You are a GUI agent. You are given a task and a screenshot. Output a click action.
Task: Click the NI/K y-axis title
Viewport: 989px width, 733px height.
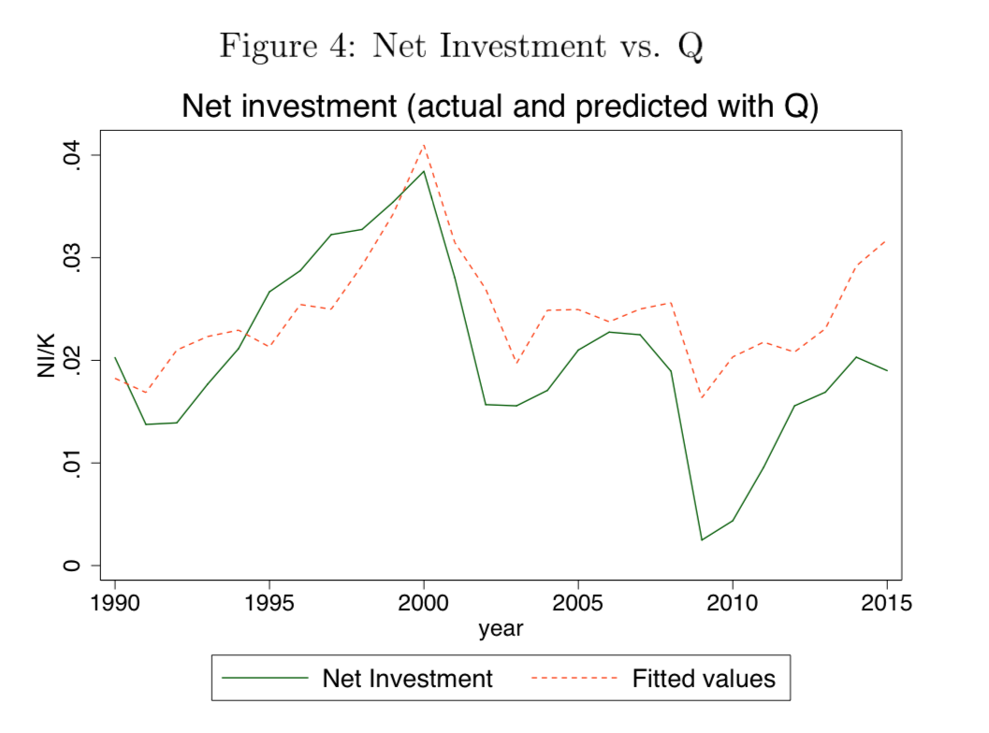pos(48,360)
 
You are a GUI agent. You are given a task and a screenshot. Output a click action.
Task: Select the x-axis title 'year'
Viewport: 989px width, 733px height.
pos(501,629)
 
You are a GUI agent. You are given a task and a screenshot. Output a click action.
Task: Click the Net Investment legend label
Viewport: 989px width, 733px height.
pos(407,678)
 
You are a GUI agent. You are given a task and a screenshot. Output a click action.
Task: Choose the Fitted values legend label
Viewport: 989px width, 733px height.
pos(704,678)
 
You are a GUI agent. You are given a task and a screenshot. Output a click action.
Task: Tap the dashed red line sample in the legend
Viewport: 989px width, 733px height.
pos(574,678)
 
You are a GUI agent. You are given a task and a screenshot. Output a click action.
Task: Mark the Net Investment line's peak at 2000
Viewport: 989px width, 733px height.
pos(424,171)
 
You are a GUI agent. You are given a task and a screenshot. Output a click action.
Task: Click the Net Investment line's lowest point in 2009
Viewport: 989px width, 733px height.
pos(702,539)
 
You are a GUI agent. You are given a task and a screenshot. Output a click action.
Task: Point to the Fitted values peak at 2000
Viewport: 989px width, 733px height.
pos(424,145)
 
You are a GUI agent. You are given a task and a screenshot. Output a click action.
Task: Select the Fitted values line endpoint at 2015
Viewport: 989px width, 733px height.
pos(886,239)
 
